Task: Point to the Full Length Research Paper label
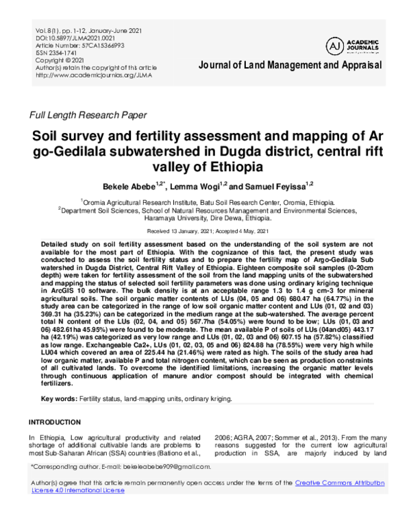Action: pos(87,115)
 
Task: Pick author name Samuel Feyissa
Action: pos(266,186)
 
